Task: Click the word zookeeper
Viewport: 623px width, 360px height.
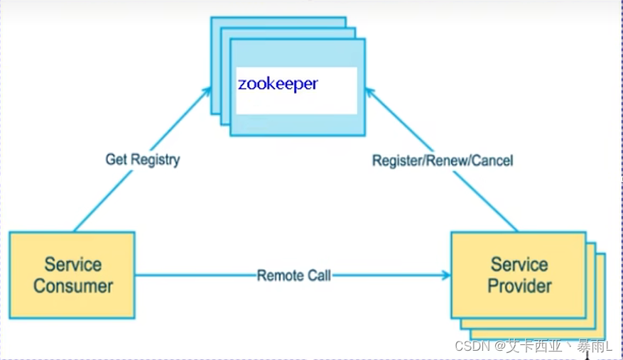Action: (278, 84)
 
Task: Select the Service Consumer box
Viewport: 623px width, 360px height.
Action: (72, 274)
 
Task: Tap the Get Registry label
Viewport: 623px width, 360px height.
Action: (142, 158)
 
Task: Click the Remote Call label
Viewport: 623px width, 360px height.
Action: (293, 275)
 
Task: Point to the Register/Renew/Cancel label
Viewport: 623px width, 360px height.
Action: (443, 160)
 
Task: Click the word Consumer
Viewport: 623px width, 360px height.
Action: (73, 286)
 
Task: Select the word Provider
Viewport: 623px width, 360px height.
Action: (519, 286)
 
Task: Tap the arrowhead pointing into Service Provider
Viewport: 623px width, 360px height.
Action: (445, 275)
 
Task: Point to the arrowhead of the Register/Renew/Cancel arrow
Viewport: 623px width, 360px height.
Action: (370, 91)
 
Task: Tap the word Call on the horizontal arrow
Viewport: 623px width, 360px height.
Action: (318, 275)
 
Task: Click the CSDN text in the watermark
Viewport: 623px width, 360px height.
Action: (469, 347)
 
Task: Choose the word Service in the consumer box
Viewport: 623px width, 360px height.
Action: (73, 264)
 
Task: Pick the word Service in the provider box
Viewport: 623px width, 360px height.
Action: (519, 264)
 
